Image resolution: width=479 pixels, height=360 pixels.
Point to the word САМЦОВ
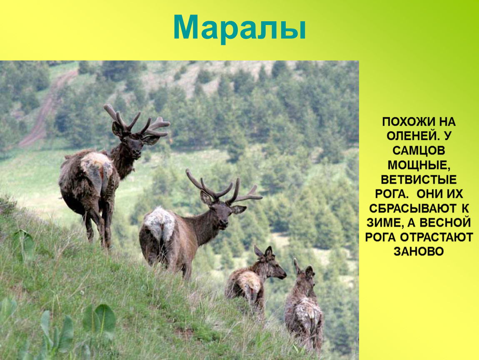coord(419,151)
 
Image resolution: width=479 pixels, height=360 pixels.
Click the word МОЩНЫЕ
coord(419,165)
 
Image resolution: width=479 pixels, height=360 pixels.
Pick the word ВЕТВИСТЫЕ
coord(419,180)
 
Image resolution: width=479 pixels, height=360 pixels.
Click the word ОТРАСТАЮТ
coord(437,237)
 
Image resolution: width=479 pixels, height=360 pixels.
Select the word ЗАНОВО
coord(419,252)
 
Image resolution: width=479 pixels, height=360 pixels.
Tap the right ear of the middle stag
coord(239,209)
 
